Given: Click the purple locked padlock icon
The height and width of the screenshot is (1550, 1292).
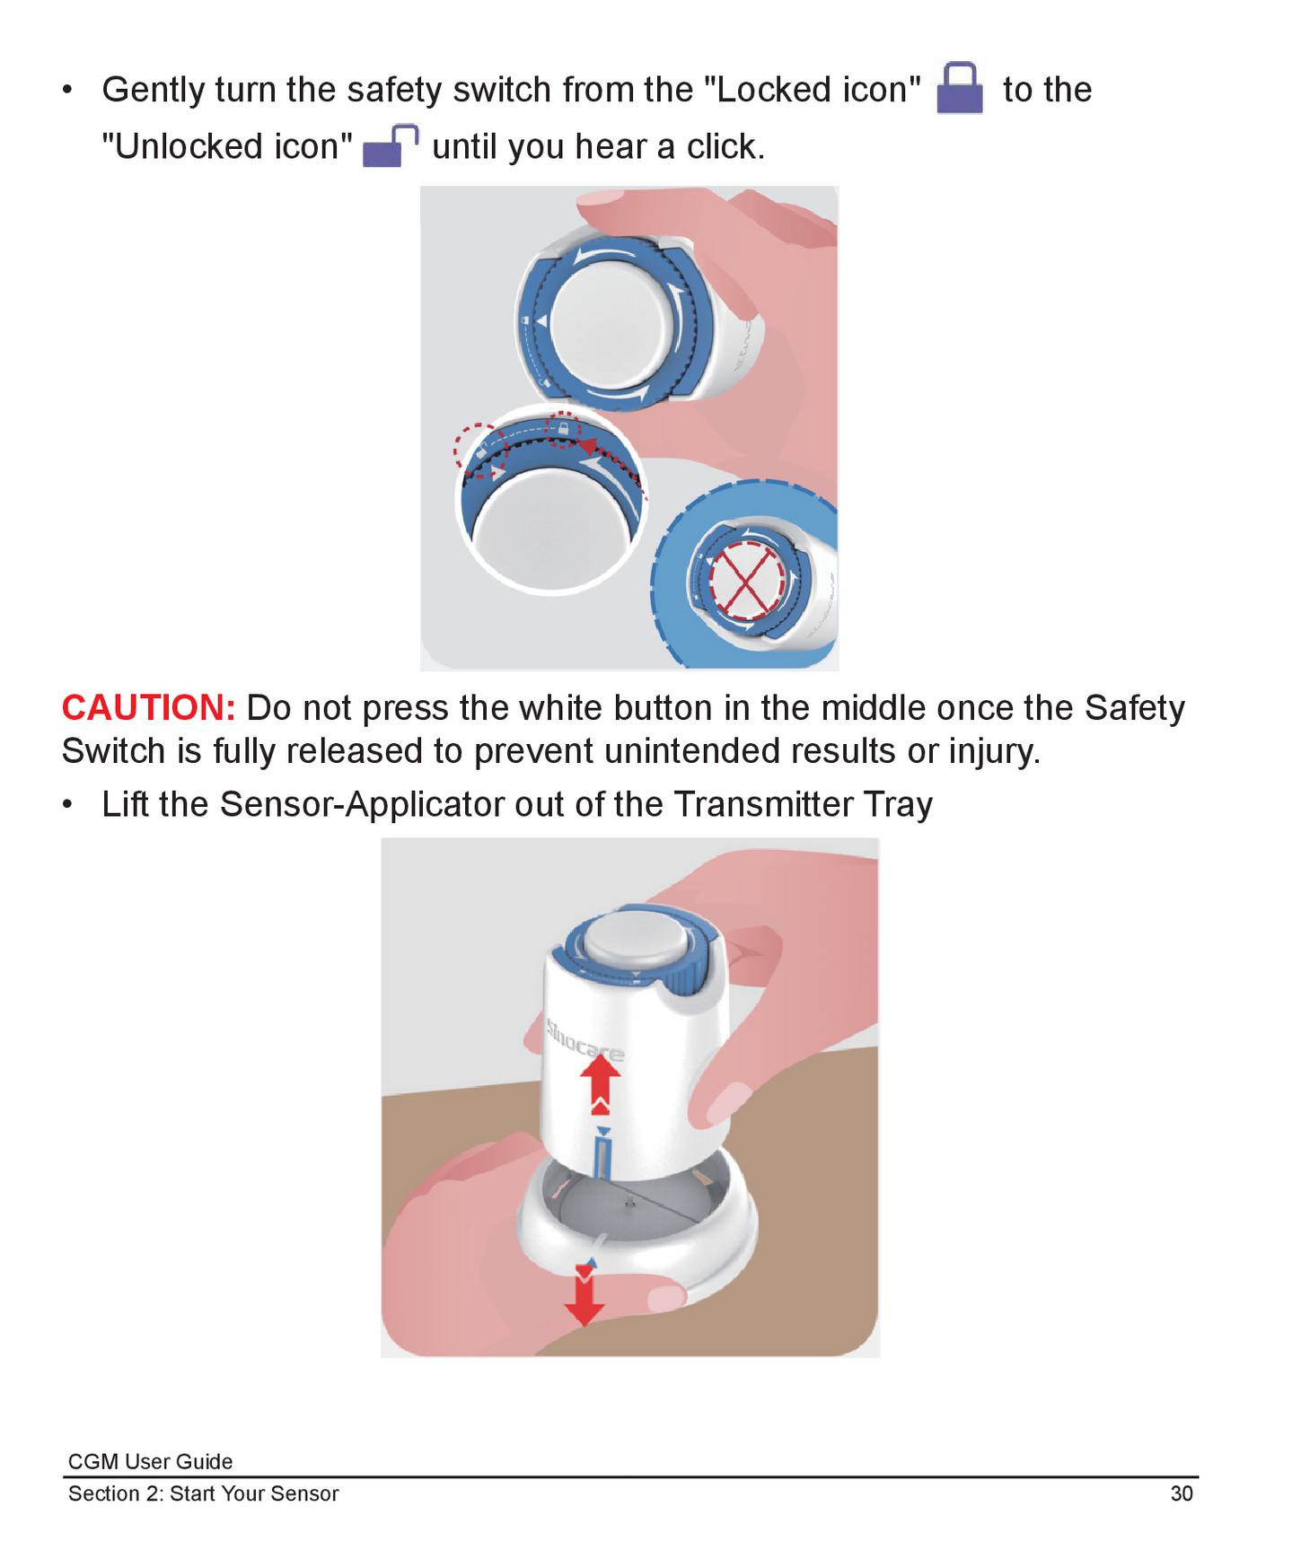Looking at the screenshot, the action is tap(959, 88).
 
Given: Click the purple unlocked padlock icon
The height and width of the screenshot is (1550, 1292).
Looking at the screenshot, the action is tap(391, 146).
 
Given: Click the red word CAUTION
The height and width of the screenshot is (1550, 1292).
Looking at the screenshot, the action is tap(149, 708).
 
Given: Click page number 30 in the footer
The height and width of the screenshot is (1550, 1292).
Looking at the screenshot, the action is tap(1182, 1493).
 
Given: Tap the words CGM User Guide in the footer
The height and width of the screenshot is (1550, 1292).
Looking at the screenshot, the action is tap(150, 1461).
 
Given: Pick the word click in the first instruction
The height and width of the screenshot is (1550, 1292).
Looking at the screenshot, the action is tap(725, 146).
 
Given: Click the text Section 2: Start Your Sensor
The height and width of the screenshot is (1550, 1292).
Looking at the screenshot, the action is tap(204, 1493).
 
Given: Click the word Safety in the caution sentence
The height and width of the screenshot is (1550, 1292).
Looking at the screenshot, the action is tap(1135, 708).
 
